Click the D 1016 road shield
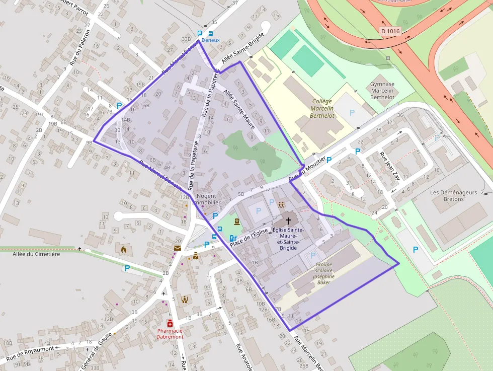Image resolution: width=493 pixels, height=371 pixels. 390,32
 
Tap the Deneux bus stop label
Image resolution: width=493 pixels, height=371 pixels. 211,40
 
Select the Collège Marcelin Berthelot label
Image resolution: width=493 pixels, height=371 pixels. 322,108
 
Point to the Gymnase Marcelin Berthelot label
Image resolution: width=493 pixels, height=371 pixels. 382,91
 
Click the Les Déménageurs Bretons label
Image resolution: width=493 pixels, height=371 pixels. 453,196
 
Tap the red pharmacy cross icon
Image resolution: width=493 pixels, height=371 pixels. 170,323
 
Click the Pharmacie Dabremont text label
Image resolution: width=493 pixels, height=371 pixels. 170,334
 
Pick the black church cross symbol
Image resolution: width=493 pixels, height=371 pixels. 288,220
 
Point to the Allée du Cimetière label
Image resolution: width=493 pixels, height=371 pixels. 36,254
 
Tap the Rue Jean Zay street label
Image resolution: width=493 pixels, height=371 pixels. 389,166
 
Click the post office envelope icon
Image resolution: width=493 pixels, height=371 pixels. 178,248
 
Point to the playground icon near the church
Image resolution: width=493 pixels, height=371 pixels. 281,204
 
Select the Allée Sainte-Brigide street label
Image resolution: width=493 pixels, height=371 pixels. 242,55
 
